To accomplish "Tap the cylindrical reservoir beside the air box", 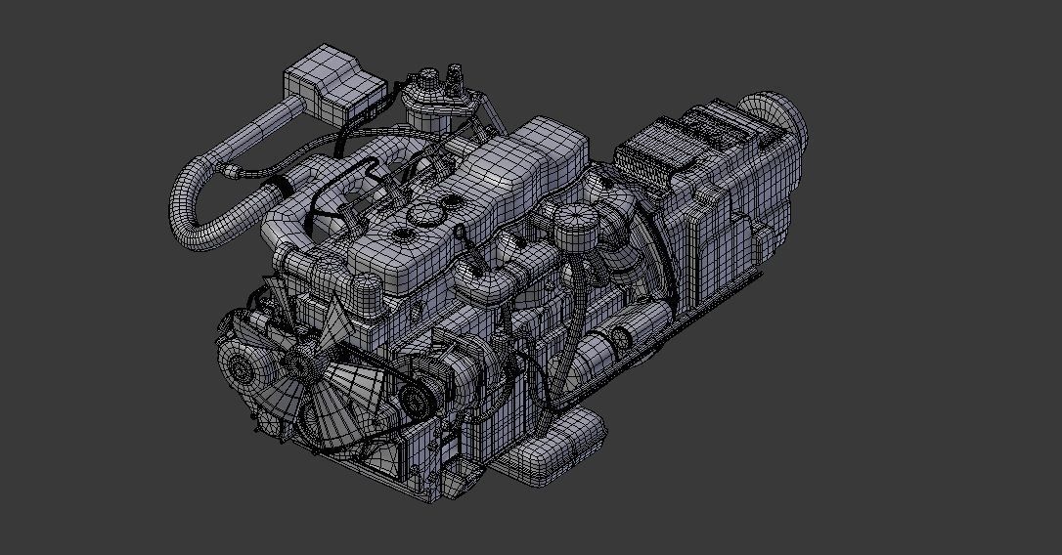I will (x=429, y=104).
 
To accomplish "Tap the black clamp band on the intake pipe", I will (x=282, y=184).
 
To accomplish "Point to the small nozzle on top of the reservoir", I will (x=455, y=74).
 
